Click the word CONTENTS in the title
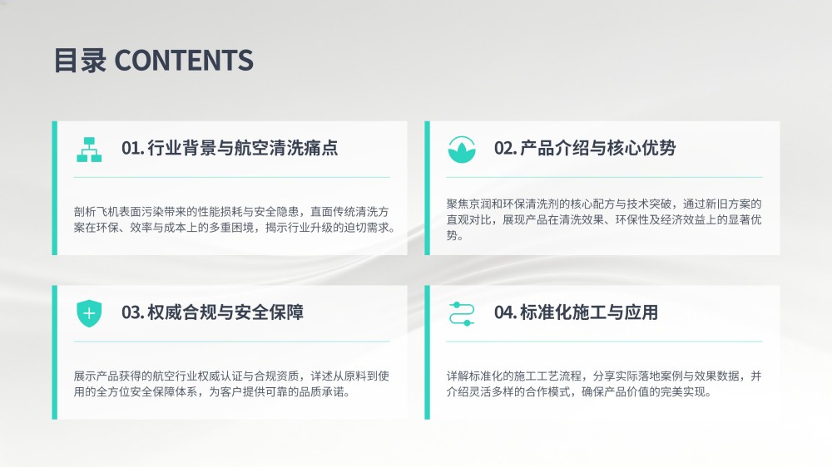click(184, 60)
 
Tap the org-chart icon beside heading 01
click(89, 150)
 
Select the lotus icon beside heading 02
click(462, 150)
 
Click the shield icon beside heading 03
click(89, 313)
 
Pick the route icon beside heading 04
click(462, 314)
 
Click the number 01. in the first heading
click(132, 148)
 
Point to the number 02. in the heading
click(506, 148)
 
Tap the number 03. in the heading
click(132, 312)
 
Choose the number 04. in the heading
click(506, 312)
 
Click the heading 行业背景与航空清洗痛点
click(242, 148)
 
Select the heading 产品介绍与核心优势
click(598, 148)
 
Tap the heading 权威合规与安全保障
click(225, 312)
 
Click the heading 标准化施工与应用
click(589, 312)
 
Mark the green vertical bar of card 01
click(55, 188)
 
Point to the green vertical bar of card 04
click(427, 352)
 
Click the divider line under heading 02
click(604, 177)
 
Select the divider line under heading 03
click(232, 342)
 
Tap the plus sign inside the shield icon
click(89, 313)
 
